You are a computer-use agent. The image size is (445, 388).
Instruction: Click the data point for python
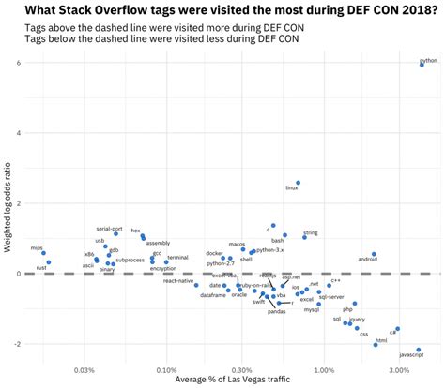click(422, 65)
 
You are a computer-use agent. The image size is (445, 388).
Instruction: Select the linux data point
click(299, 183)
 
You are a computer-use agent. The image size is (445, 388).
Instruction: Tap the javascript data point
click(419, 350)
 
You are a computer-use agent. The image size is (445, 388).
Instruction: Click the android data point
click(374, 254)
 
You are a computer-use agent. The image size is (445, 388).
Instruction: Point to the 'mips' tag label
click(37, 248)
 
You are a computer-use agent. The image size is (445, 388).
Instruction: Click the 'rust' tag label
click(41, 268)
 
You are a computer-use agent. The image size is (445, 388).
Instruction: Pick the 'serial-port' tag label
click(109, 229)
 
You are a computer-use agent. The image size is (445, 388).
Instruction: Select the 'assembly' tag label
click(158, 243)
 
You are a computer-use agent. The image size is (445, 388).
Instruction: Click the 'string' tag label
click(311, 232)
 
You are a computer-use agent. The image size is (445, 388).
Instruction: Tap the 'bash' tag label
click(278, 241)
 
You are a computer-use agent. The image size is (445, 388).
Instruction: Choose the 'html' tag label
click(381, 340)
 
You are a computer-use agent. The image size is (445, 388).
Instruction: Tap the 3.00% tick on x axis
click(399, 369)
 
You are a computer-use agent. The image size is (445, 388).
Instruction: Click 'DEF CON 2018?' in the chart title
click(371, 9)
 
